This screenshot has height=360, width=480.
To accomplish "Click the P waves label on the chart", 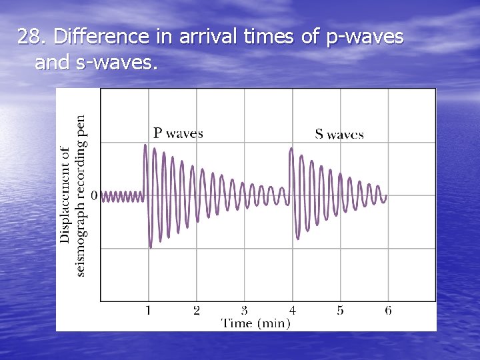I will pyautogui.click(x=178, y=133).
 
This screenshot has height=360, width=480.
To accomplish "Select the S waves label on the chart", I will pyautogui.click(x=339, y=135).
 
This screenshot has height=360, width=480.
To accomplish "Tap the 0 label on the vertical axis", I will pyautogui.click(x=94, y=195).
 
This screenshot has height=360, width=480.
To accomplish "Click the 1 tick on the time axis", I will pyautogui.click(x=148, y=310).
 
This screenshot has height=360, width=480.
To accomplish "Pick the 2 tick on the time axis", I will pyautogui.click(x=197, y=310).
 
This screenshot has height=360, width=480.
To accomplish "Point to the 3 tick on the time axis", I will pyautogui.click(x=244, y=310).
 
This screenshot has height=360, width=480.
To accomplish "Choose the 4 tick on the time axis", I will pyautogui.click(x=292, y=310).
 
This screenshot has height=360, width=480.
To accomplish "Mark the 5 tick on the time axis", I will pyautogui.click(x=340, y=310).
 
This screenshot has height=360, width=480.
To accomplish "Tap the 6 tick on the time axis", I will pyautogui.click(x=388, y=310).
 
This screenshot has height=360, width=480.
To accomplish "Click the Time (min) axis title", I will pyautogui.click(x=256, y=323).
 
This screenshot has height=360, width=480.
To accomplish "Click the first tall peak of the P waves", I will pyautogui.click(x=146, y=146).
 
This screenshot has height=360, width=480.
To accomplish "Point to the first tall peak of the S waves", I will pyautogui.click(x=291, y=149).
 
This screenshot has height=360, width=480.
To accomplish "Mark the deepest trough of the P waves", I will pyautogui.click(x=151, y=247).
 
